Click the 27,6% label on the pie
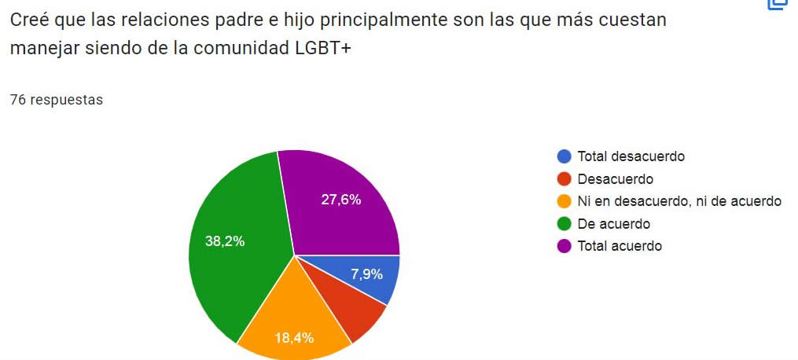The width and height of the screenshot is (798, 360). pos(341,200)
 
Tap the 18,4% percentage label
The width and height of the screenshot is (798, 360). pos(294,339)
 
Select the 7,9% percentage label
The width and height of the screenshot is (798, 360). pos(367,274)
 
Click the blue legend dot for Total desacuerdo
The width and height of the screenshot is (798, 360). pos(564,156)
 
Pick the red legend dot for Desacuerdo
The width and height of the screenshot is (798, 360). pos(564,179)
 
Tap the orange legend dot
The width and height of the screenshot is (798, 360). pos(564,201)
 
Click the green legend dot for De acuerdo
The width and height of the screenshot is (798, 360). pos(564,224)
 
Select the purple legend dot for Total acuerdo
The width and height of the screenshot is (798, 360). pos(564,246)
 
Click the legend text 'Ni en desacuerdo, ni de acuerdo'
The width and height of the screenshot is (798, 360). pos(679,201)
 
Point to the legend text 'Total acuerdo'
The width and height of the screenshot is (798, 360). pos(620,246)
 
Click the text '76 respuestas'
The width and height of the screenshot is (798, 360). pos(56,100)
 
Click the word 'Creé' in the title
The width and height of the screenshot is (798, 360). pos(29,20)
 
